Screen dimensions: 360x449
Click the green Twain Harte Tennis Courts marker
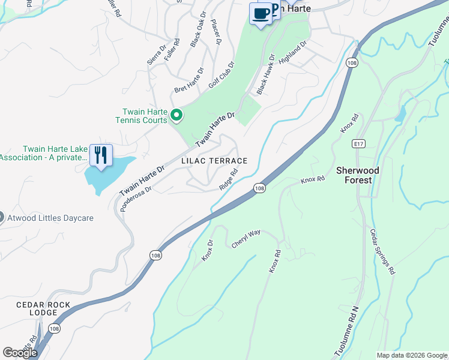(176, 115)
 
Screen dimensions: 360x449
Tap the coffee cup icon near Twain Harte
(261, 13)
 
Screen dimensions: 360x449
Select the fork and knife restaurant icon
(101, 155)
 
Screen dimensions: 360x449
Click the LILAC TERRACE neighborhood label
(214, 161)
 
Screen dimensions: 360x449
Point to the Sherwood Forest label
(358, 175)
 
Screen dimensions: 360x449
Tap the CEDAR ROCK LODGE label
(43, 309)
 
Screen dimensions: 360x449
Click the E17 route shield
(359, 144)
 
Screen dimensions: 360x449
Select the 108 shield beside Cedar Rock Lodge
(54, 328)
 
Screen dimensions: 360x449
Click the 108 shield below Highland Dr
(352, 62)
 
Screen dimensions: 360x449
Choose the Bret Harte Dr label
(189, 86)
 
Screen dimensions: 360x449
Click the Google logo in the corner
(20, 353)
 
